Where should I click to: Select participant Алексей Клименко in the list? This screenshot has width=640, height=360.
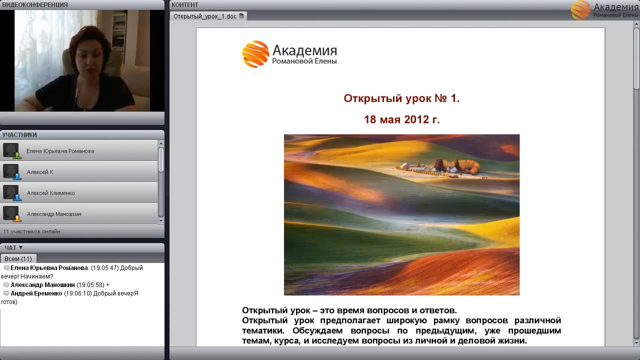50,193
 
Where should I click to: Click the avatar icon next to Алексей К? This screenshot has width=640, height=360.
11,171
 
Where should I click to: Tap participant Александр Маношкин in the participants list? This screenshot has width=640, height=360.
54,214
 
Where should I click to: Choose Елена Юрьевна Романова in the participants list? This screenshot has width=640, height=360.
60,151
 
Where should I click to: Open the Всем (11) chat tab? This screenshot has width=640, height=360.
18,258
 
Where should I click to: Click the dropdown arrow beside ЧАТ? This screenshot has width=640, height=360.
20,247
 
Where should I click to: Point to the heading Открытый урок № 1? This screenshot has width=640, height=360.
401,98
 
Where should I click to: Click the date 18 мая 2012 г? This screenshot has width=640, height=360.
401,119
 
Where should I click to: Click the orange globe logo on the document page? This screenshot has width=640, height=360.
255,54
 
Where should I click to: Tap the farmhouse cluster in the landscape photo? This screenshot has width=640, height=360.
440,167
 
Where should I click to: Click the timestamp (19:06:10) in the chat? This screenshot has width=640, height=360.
77,293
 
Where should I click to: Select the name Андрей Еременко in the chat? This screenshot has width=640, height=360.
36,293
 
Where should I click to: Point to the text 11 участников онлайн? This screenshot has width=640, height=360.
31,231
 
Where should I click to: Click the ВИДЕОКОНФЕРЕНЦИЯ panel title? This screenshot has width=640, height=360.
35,5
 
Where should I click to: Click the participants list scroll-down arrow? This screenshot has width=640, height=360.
161,220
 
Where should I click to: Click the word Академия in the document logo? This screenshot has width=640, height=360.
305,50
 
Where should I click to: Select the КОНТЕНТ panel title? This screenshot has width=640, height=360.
184,5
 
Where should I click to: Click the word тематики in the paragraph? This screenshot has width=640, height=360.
263,330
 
